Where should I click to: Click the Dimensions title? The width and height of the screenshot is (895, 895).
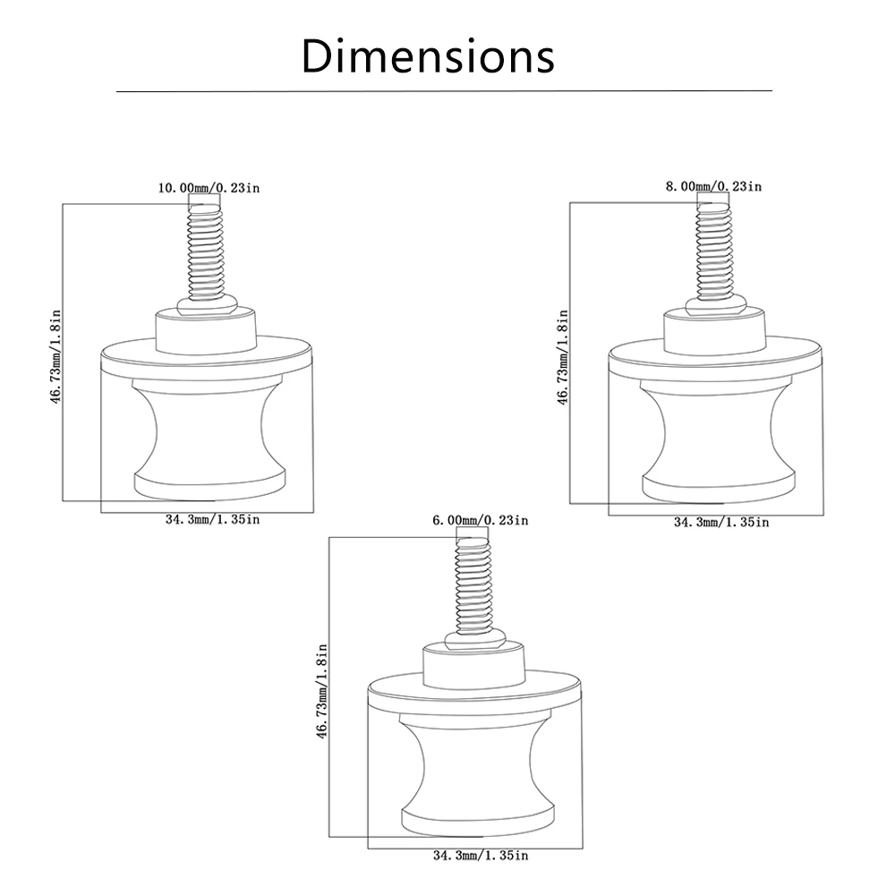tap(428, 55)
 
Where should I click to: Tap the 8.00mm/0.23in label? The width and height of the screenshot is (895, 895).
tap(712, 186)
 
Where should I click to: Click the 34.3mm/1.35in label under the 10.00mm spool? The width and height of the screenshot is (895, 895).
tap(213, 519)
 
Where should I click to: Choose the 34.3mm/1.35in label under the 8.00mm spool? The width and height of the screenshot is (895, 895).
tap(720, 522)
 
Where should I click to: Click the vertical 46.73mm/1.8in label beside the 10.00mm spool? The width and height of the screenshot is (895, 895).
tap(55, 357)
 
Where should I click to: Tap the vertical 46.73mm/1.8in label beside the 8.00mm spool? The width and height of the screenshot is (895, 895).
tap(563, 357)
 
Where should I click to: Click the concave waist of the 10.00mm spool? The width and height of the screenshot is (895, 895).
tap(207, 430)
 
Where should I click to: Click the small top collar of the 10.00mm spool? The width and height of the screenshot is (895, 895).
tap(207, 329)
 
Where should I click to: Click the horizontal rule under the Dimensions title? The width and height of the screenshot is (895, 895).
tap(444, 91)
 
